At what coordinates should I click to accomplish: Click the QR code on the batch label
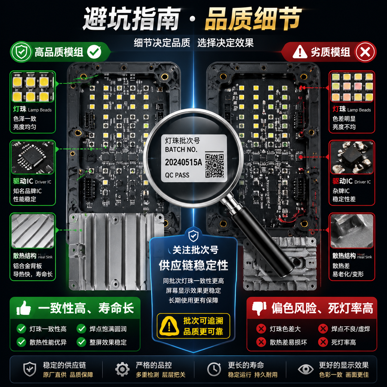(214, 166)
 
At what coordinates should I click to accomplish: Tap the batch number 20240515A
(183, 162)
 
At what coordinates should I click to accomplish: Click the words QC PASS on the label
(177, 175)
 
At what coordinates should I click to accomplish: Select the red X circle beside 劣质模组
(365, 52)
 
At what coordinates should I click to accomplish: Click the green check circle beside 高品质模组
(94, 52)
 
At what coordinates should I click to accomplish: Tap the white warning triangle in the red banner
(300, 52)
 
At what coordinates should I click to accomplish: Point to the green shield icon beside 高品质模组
(21, 52)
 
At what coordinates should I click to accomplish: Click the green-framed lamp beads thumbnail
(33, 87)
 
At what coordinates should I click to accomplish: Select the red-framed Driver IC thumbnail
(352, 158)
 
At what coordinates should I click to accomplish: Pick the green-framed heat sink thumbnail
(33, 231)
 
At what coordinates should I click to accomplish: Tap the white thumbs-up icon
(24, 308)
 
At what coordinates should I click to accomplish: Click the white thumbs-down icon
(259, 308)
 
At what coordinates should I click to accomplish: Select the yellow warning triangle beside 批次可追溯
(169, 326)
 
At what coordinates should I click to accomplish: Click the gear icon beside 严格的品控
(122, 369)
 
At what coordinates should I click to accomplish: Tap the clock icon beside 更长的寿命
(214, 369)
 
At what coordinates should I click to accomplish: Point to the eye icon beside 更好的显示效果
(306, 369)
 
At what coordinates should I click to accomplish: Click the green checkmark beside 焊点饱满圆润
(81, 329)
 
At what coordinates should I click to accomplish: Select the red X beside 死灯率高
(323, 342)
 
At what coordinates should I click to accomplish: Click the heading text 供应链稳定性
(193, 265)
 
